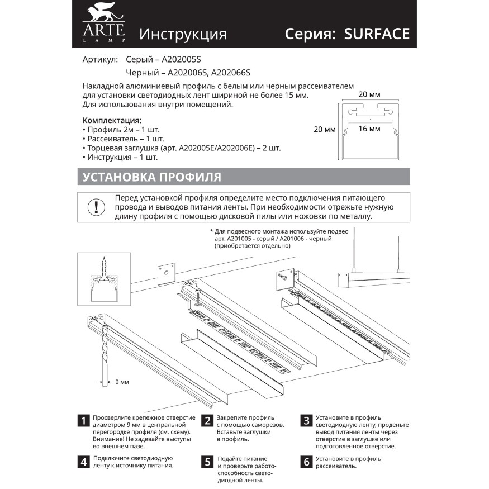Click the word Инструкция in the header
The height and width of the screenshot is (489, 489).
click(183, 34)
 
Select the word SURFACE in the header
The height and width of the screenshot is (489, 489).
click(377, 34)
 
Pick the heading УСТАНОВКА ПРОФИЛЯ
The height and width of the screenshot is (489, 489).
click(151, 177)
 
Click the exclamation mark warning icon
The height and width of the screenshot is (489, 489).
click(96, 206)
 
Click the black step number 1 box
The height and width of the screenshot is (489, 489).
click(83, 421)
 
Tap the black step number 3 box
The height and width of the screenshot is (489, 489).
click(306, 421)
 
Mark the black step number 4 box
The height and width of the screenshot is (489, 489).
click(83, 461)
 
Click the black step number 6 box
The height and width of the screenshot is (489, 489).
click(306, 461)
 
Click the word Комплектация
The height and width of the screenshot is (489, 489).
click(112, 120)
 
